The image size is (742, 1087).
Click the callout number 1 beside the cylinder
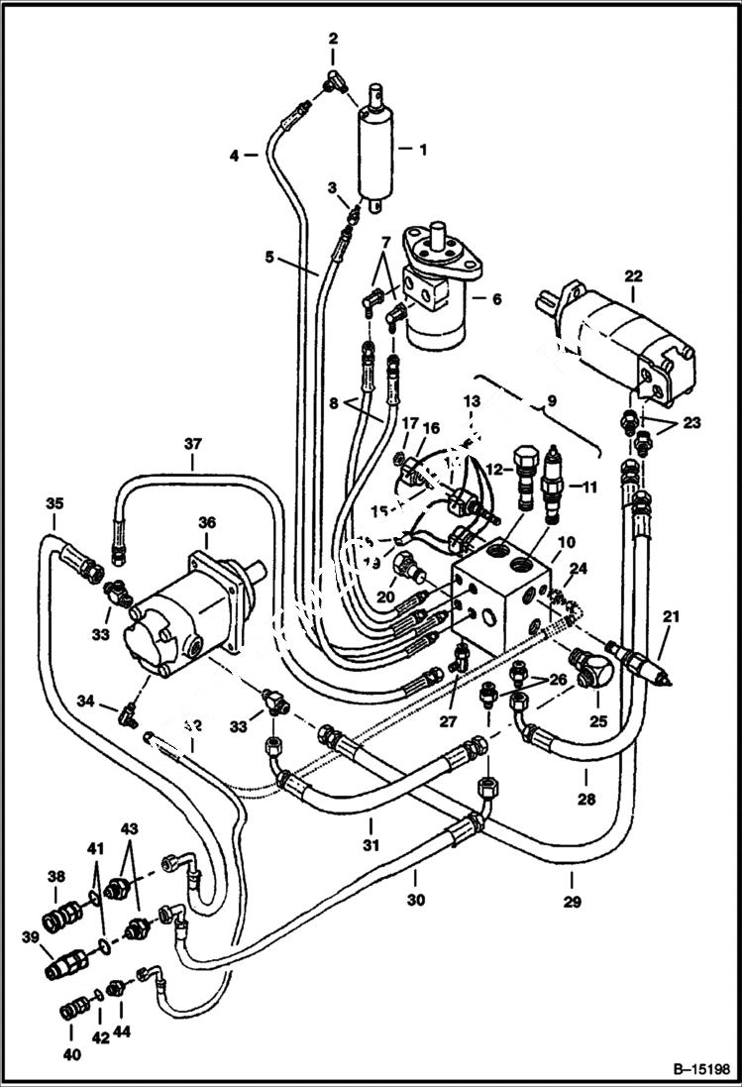[422, 151]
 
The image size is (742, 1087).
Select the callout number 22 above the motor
[634, 277]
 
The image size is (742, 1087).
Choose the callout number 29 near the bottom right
[574, 902]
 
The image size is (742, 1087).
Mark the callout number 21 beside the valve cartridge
[672, 619]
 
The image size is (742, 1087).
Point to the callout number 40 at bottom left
[71, 1055]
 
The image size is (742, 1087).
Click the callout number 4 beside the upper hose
[235, 155]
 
